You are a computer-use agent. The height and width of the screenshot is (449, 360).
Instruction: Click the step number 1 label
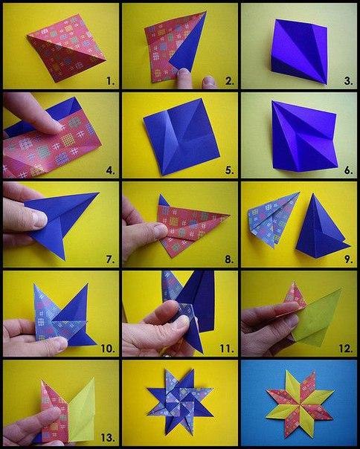click(110, 81)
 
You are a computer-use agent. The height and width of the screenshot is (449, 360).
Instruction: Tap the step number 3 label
click(348, 81)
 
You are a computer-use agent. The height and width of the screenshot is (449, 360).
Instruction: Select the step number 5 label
click(229, 170)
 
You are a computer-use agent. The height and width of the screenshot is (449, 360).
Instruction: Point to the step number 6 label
click(348, 170)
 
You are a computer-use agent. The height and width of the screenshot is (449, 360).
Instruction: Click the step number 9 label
click(348, 259)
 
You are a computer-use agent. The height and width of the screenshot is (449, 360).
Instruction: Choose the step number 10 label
click(108, 349)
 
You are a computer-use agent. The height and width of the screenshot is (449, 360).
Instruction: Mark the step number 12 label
click(346, 349)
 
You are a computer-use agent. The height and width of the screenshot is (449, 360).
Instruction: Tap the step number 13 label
click(108, 438)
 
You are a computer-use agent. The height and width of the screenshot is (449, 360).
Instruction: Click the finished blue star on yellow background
click(180, 401)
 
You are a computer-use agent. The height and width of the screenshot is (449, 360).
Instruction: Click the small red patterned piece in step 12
click(295, 295)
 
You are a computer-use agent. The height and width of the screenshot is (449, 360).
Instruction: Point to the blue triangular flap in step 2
click(190, 46)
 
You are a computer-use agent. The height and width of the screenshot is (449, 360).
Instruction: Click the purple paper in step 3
click(300, 51)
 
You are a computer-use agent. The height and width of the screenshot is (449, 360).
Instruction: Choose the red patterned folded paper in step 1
click(66, 48)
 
